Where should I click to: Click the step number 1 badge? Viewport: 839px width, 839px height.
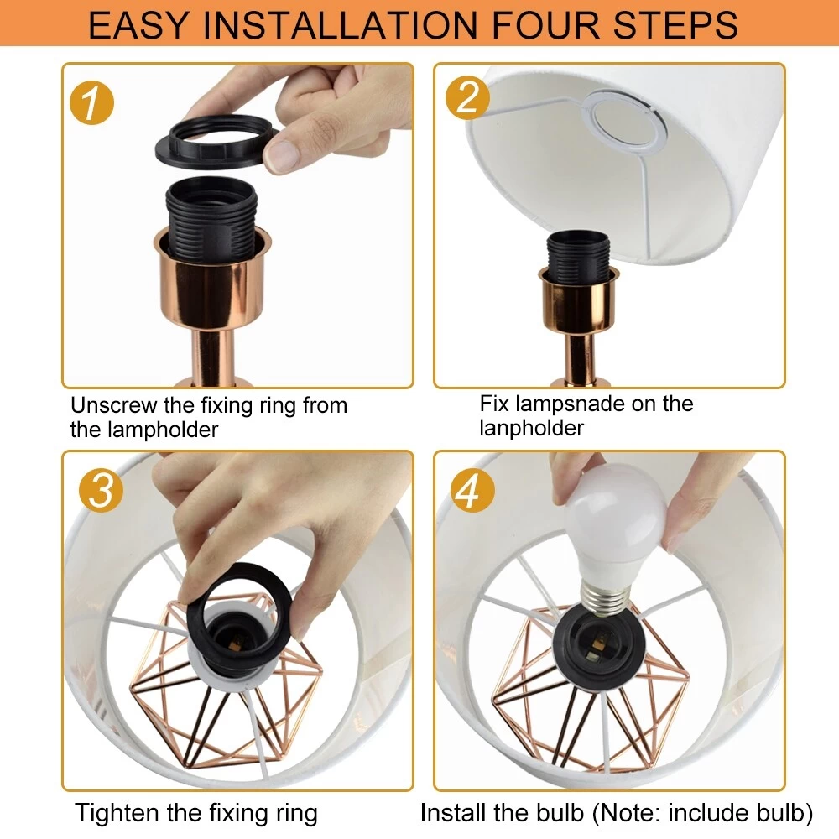[x=91, y=102]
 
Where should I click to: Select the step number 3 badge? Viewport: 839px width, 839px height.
[x=101, y=490]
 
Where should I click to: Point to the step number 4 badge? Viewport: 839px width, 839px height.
[x=472, y=490]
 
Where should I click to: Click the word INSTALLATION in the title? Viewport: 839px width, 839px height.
[x=341, y=24]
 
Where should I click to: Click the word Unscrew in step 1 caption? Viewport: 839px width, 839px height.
[x=113, y=405]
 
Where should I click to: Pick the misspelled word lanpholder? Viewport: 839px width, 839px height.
[x=531, y=428]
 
